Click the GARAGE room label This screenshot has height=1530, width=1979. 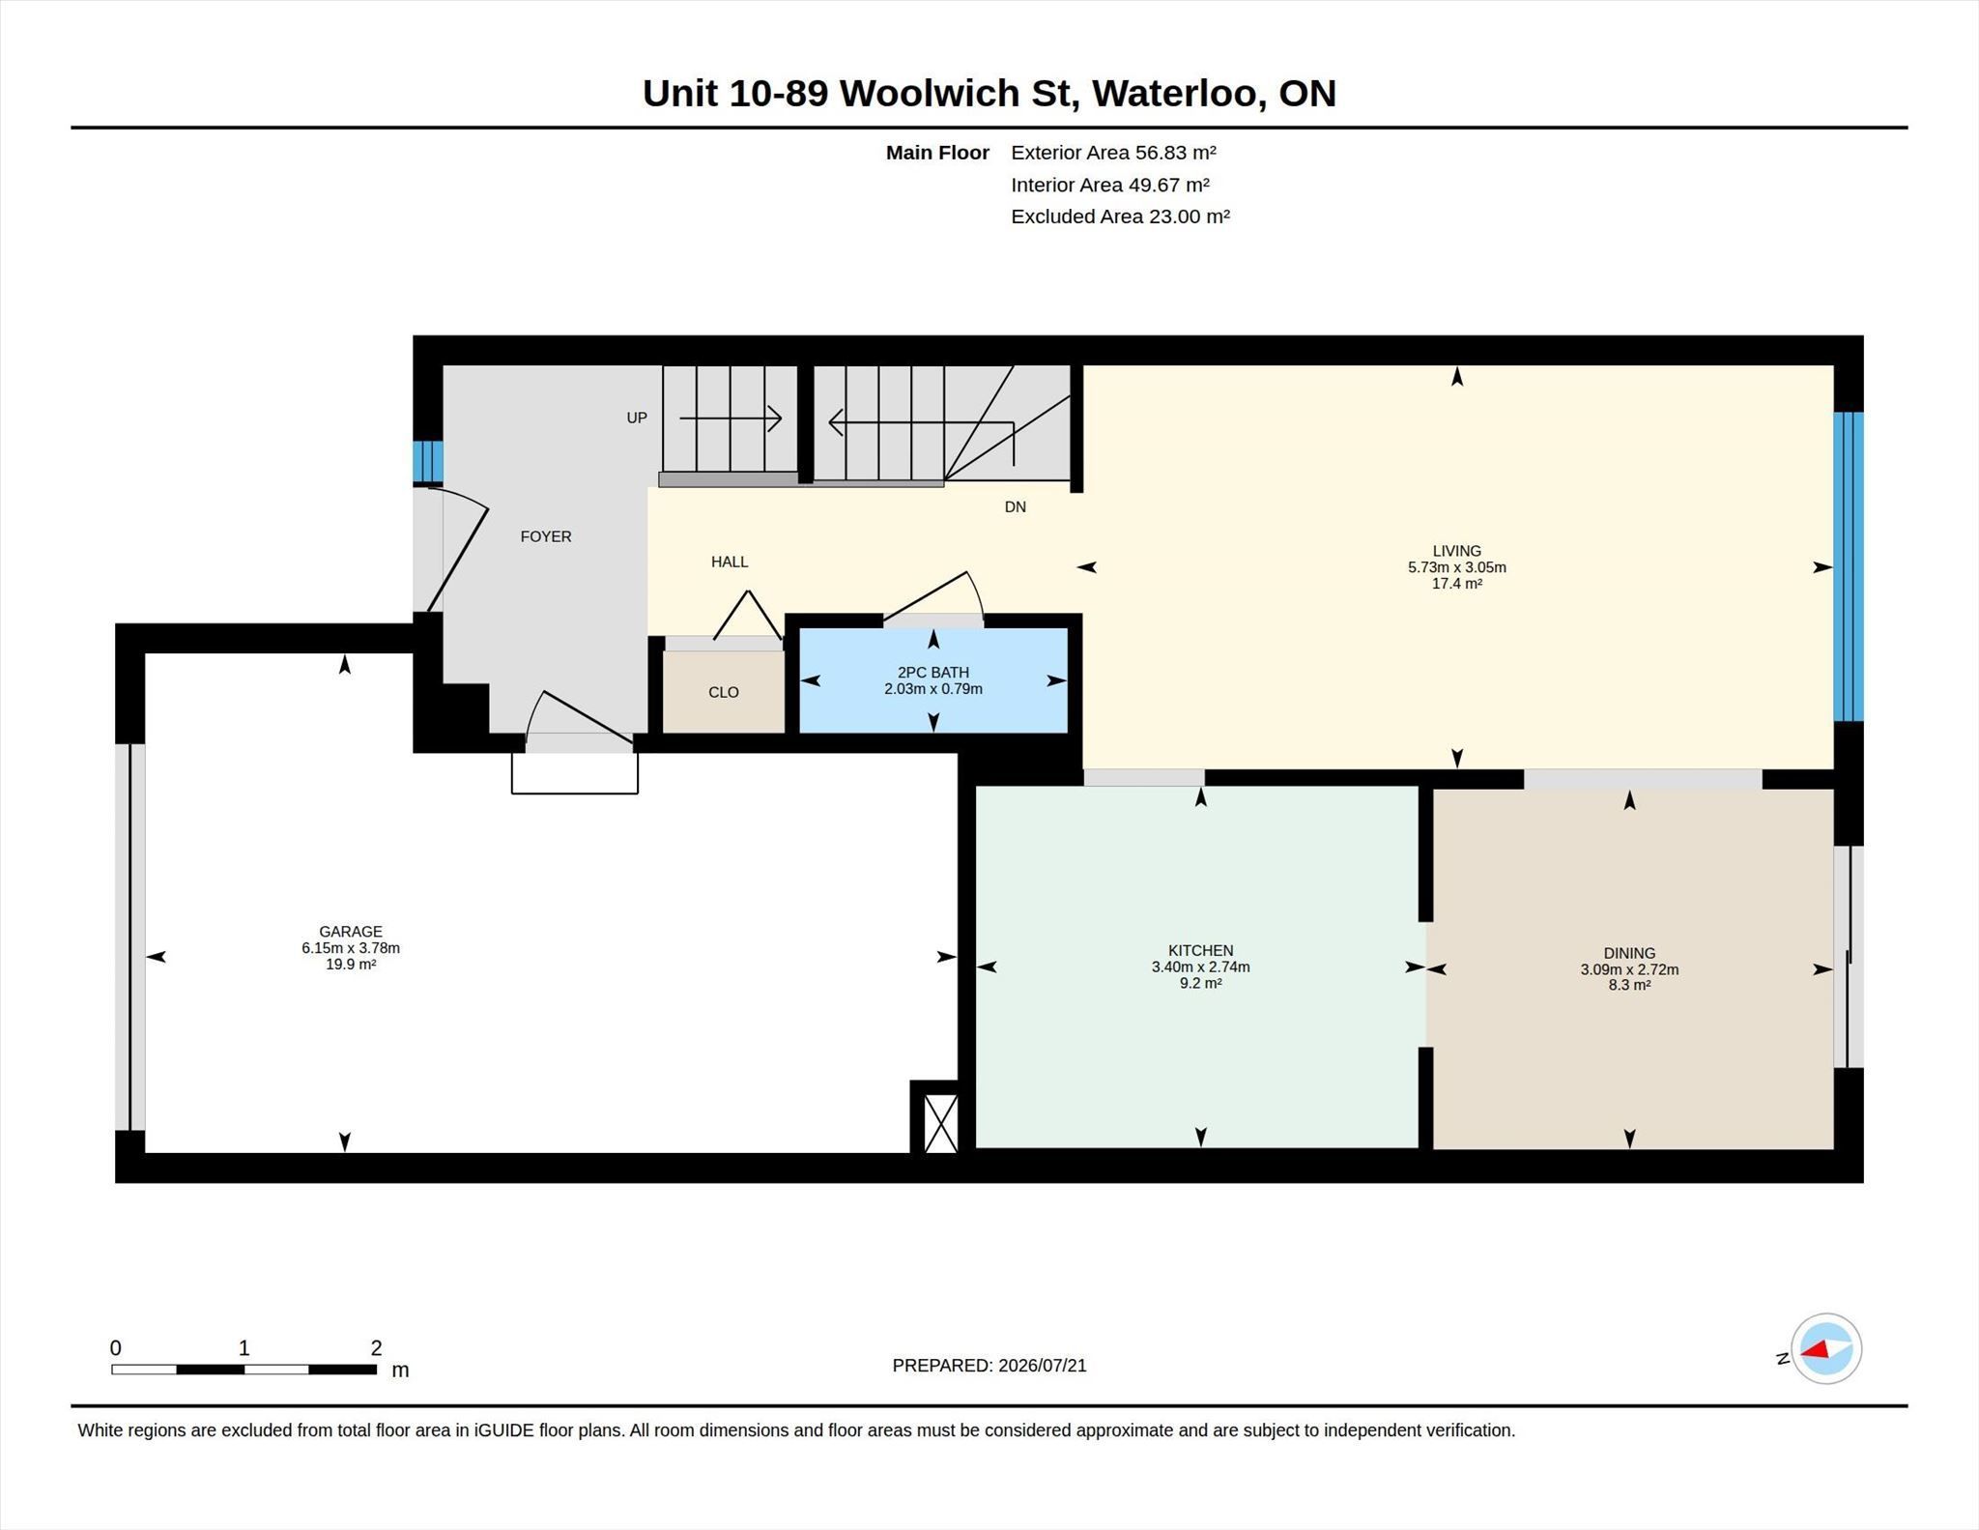click(x=351, y=932)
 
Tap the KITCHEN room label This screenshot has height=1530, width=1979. click(x=1200, y=950)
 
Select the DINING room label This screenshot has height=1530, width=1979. click(x=1629, y=953)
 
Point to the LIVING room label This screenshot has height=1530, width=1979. click(x=1456, y=551)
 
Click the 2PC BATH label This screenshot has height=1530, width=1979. click(x=932, y=673)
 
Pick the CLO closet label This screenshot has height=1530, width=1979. click(x=723, y=692)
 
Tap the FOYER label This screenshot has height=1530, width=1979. click(x=546, y=536)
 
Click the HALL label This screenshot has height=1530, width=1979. click(x=730, y=562)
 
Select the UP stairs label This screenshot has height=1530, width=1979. click(x=637, y=418)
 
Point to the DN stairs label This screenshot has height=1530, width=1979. click(x=1015, y=506)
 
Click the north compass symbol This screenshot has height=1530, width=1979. click(x=1825, y=1348)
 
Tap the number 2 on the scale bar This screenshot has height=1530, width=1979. click(x=376, y=1347)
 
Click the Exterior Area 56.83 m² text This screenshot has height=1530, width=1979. click(x=1113, y=153)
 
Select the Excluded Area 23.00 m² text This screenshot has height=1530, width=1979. click(x=1120, y=217)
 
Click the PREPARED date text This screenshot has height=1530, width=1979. click(x=989, y=1365)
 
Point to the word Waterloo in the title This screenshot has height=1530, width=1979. click(x=1176, y=93)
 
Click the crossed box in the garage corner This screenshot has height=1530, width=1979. click(x=941, y=1123)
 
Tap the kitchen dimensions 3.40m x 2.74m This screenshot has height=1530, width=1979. click(x=1200, y=967)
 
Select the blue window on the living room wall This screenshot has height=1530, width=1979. click(x=1848, y=566)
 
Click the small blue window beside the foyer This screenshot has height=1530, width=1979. click(x=428, y=462)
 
